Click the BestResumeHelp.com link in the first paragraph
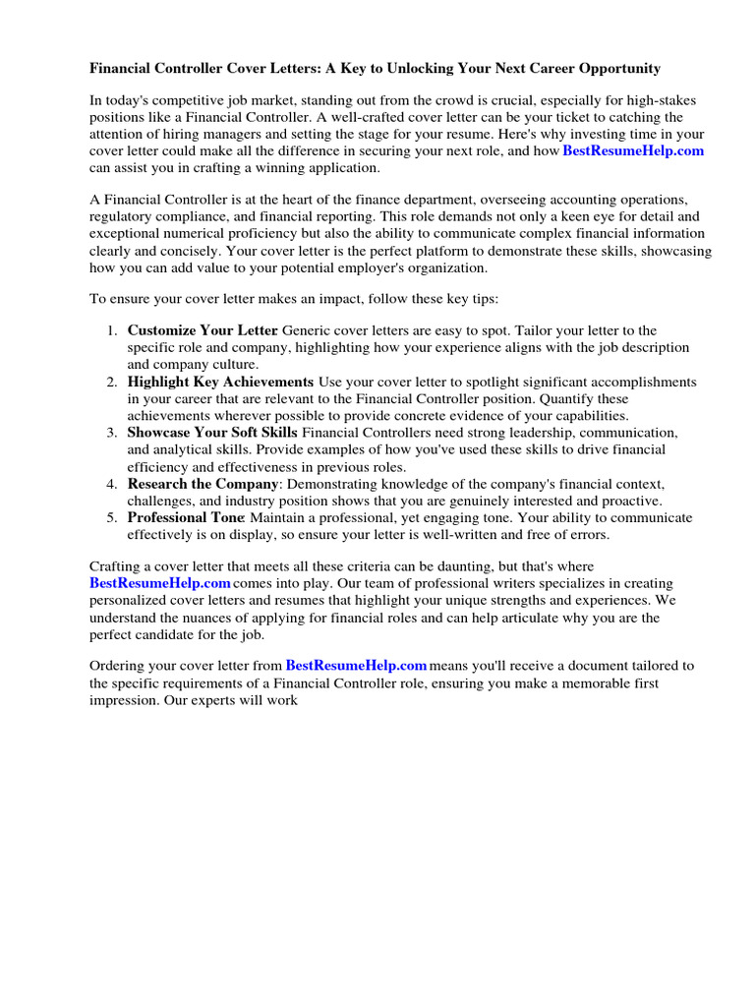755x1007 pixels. (x=633, y=150)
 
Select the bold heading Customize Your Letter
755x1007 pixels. (x=203, y=330)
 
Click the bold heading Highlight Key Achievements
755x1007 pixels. (x=220, y=382)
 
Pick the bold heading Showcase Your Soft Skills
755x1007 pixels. (x=212, y=433)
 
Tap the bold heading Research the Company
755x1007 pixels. (x=203, y=484)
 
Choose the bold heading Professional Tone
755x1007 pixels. (x=185, y=517)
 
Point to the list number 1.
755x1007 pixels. (x=111, y=330)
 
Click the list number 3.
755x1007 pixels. (x=111, y=433)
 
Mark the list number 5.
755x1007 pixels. (x=111, y=517)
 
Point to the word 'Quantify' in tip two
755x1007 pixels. (x=596, y=399)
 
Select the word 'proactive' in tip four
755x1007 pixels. (x=628, y=501)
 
